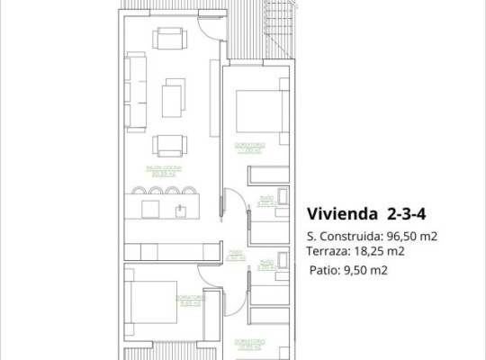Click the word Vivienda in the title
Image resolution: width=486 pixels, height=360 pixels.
click(343, 214)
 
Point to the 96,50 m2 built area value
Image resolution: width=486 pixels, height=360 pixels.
click(412, 237)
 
